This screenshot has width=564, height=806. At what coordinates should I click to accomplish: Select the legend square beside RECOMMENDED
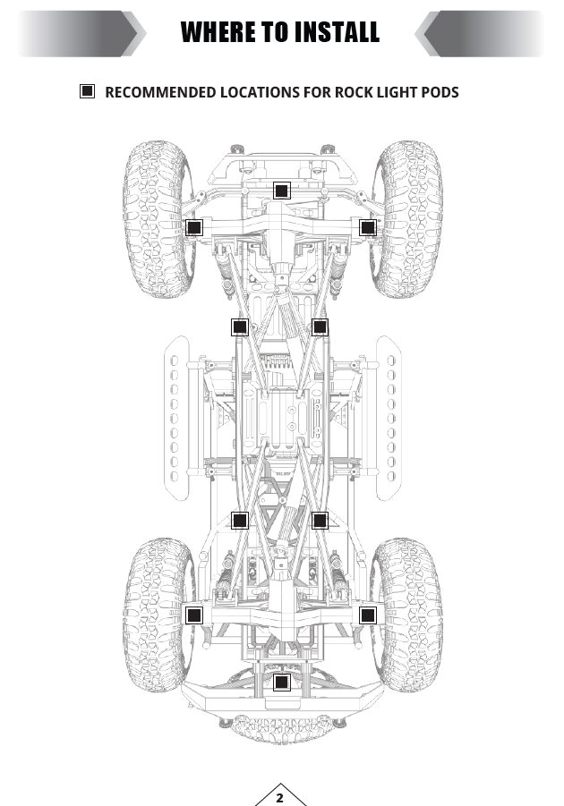click(88, 91)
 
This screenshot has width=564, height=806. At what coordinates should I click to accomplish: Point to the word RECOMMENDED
click(160, 92)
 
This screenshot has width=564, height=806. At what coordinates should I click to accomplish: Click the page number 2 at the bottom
click(280, 798)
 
